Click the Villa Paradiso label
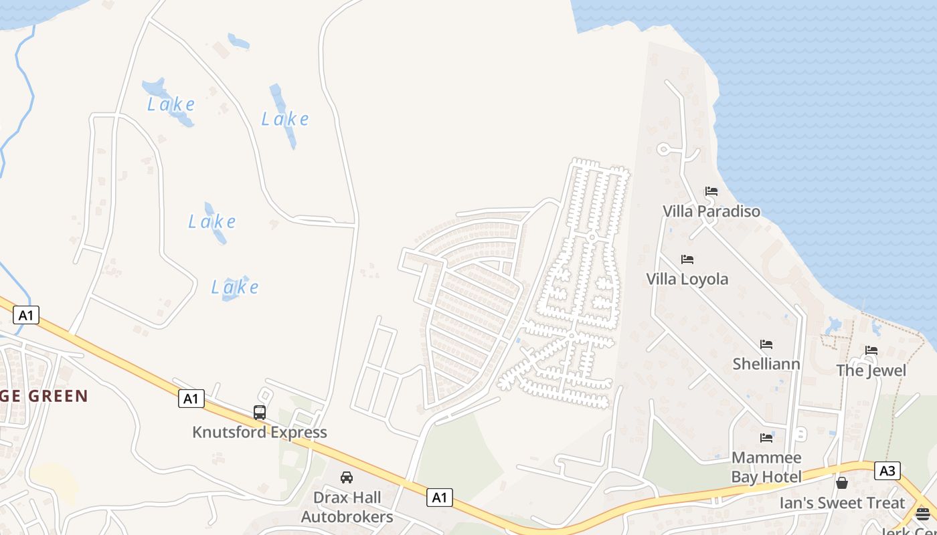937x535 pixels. pyautogui.click(x=711, y=211)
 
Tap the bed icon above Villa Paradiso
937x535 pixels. pyautogui.click(x=711, y=191)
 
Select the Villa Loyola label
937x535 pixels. pyautogui.click(x=687, y=279)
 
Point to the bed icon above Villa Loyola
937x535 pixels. pyautogui.click(x=687, y=259)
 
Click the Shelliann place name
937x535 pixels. pyautogui.click(x=766, y=364)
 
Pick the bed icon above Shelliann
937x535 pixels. pyautogui.click(x=766, y=344)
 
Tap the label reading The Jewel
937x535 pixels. pyautogui.click(x=871, y=370)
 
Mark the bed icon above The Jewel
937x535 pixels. pyautogui.click(x=871, y=350)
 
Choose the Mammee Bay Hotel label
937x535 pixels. pyautogui.click(x=766, y=467)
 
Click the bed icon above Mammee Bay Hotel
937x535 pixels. pyautogui.click(x=766, y=438)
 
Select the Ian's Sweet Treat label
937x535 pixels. pyautogui.click(x=842, y=503)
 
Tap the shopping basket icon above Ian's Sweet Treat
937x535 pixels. pyautogui.click(x=842, y=482)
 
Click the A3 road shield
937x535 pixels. pyautogui.click(x=887, y=471)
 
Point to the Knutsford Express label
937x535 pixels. pyautogui.click(x=260, y=433)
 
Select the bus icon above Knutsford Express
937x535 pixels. pyautogui.click(x=260, y=413)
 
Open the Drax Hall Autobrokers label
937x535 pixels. pyautogui.click(x=347, y=508)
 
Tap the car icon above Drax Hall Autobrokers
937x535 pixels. pyautogui.click(x=347, y=477)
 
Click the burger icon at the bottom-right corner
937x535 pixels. pyautogui.click(x=923, y=514)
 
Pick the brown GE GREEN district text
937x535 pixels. pyautogui.click(x=44, y=396)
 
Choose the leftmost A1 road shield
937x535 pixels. pyautogui.click(x=25, y=315)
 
